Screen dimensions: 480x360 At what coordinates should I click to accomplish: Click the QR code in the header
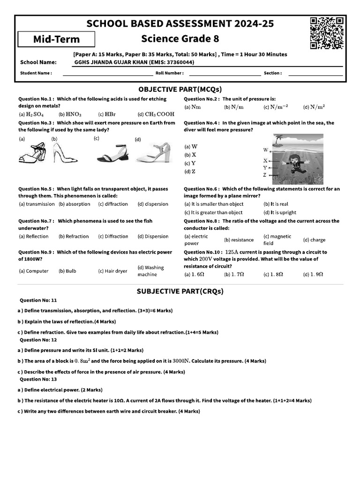[x=327, y=33]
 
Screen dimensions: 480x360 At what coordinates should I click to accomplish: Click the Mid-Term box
[x=56, y=39]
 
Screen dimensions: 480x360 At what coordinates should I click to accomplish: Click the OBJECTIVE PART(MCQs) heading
[x=180, y=89]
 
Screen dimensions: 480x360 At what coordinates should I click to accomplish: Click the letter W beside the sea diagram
[x=265, y=150]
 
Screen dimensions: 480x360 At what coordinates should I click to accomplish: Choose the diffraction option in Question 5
[x=113, y=204]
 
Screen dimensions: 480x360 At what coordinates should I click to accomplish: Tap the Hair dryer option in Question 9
[x=112, y=271]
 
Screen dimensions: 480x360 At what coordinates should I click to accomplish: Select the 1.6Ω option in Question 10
[x=195, y=274]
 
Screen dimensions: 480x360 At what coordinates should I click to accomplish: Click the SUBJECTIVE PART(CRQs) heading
[x=180, y=291]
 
